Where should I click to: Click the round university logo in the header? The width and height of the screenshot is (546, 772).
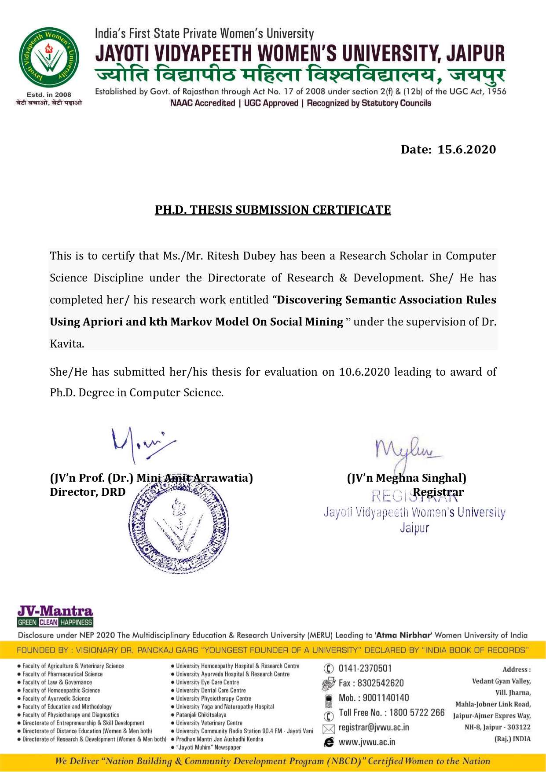[x=49, y=58]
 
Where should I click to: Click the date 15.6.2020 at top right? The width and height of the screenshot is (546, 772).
[x=466, y=150]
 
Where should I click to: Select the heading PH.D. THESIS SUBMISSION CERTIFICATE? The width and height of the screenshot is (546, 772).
[x=273, y=210]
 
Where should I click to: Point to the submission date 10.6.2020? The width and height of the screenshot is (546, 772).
[x=364, y=372]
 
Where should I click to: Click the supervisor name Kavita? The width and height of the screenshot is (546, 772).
[x=66, y=344]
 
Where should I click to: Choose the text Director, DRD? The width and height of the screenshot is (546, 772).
[x=88, y=492]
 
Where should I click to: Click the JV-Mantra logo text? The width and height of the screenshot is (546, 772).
[x=55, y=611]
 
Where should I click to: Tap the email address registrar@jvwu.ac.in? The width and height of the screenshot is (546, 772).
[x=374, y=728]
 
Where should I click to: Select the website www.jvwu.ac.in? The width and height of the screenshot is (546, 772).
[x=366, y=743]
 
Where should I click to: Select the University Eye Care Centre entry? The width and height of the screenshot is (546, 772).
[x=207, y=682]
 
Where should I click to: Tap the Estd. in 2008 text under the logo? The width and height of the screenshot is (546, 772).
[x=49, y=95]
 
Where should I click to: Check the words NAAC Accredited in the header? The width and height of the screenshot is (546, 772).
[x=202, y=103]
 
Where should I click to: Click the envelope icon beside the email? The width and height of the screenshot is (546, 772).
[x=329, y=729]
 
